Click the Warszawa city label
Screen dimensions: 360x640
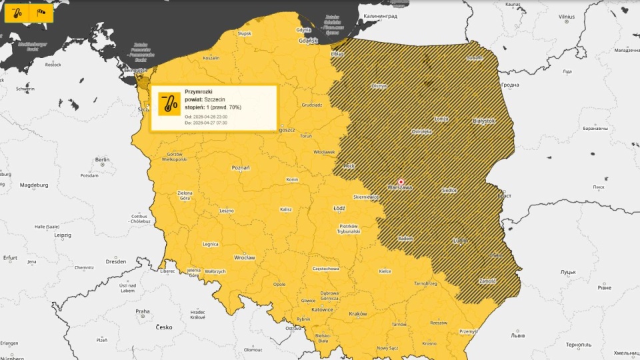click(400, 188)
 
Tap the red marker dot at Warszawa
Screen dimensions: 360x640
click(401, 181)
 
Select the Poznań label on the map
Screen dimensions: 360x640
click(240, 168)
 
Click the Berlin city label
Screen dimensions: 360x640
click(102, 160)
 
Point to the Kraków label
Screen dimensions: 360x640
click(358, 314)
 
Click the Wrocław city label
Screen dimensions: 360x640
click(245, 257)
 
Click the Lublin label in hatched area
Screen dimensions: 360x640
click(460, 240)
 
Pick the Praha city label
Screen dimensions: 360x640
click(143, 311)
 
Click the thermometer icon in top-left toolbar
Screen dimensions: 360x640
click(19, 12)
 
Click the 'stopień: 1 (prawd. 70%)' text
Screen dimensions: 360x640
click(213, 107)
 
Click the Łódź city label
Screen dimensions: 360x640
click(339, 208)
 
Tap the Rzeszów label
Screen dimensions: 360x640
click(439, 323)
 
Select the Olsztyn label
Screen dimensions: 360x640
click(379, 86)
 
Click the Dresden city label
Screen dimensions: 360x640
click(115, 261)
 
